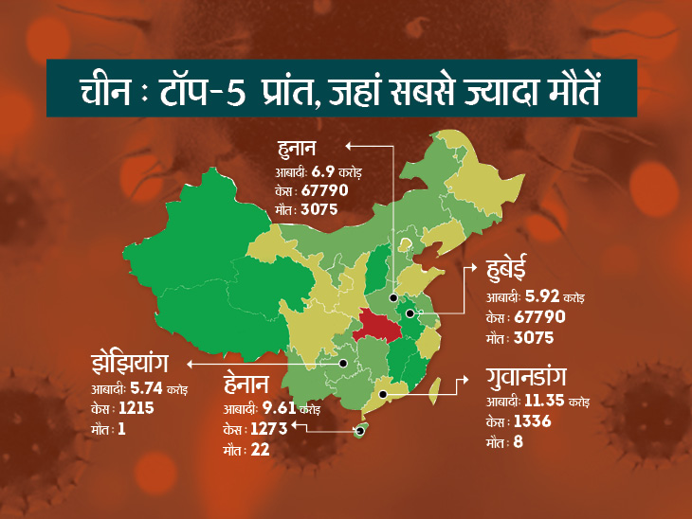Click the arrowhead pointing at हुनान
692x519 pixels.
[x=347, y=146]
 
